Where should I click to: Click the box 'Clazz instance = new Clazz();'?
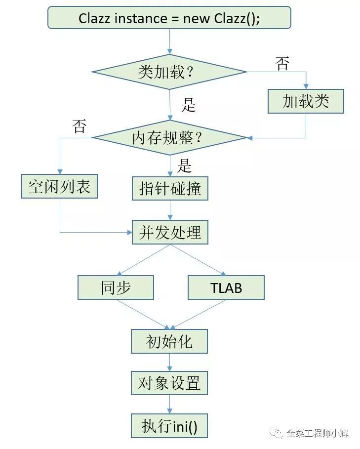tap(169, 19)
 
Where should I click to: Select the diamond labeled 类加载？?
tap(169, 72)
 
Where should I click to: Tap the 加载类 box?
tap(306, 102)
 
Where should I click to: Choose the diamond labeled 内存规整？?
tap(169, 138)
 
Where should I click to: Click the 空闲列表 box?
tap(59, 186)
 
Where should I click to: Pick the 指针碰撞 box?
tap(170, 188)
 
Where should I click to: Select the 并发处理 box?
tap(170, 232)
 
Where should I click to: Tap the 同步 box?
tap(116, 287)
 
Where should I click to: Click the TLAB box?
tap(226, 287)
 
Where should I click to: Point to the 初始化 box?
tap(169, 341)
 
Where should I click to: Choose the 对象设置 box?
tap(169, 383)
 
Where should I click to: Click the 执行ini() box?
tap(169, 426)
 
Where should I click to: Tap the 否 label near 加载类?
tap(282, 64)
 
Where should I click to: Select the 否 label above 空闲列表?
tap(79, 126)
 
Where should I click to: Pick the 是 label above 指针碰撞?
tap(184, 165)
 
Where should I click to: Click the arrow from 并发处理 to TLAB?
tap(198, 260)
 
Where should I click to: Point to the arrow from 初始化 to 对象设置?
tap(169, 362)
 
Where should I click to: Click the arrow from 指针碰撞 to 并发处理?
tap(170, 210)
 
